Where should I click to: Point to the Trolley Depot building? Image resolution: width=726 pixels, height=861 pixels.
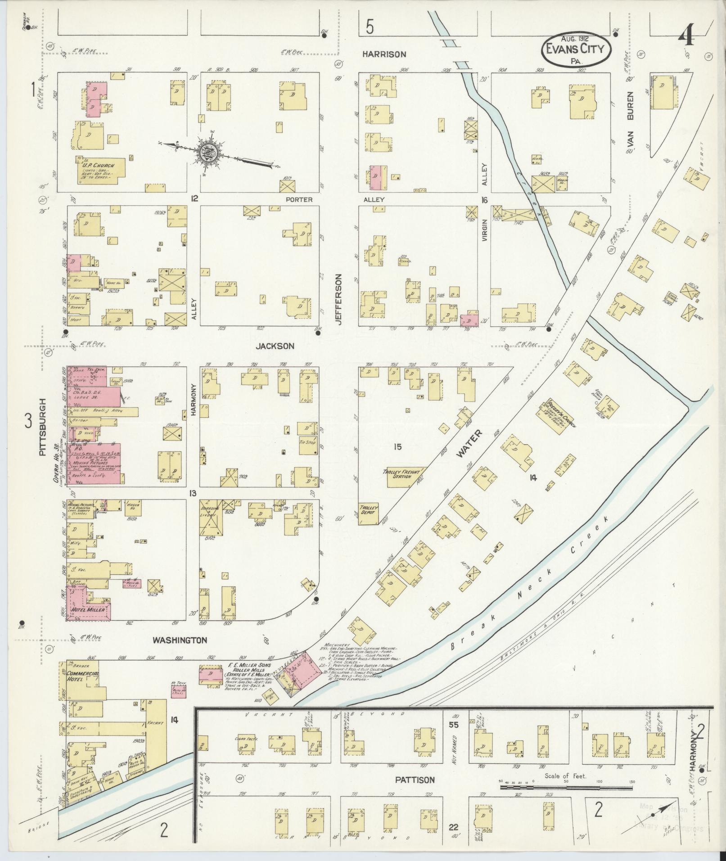click(369, 513)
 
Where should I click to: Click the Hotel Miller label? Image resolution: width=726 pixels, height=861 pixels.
click(88, 609)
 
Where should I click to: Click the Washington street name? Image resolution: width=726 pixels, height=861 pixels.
click(179, 640)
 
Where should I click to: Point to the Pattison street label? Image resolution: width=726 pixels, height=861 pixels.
click(415, 780)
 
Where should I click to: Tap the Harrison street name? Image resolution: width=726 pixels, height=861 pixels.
click(384, 54)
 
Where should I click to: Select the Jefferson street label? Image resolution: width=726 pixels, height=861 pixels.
click(339, 300)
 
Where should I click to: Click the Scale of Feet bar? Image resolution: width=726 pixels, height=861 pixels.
click(566, 788)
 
